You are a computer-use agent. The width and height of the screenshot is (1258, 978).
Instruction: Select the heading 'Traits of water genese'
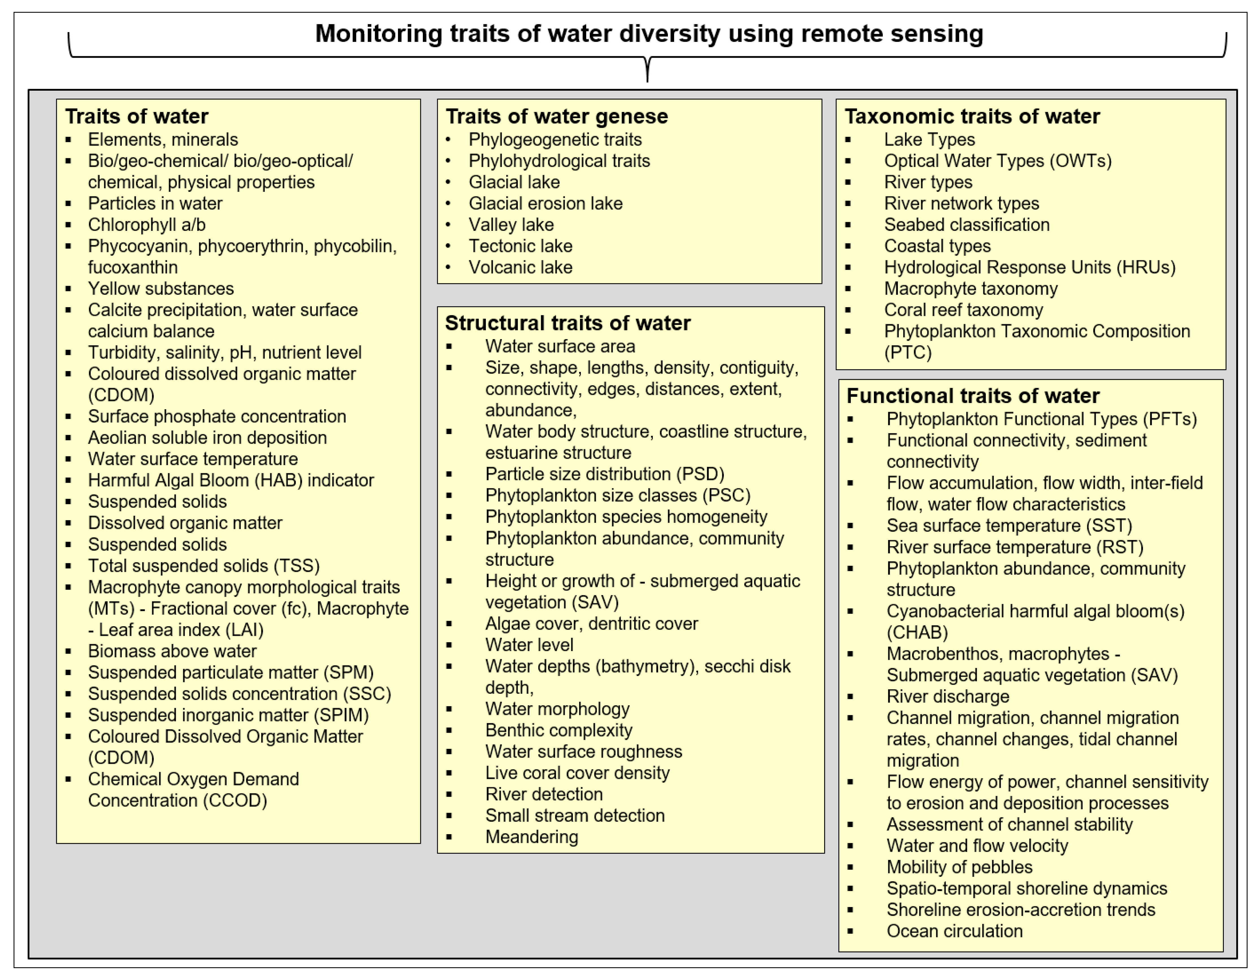tap(557, 116)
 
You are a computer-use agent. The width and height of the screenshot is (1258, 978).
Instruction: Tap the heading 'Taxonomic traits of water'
tap(972, 116)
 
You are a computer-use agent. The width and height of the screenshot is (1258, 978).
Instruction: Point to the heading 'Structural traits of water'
tap(567, 323)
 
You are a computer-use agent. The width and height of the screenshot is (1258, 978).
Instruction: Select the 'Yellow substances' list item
tap(161, 289)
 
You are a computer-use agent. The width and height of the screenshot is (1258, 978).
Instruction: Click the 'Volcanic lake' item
tap(520, 267)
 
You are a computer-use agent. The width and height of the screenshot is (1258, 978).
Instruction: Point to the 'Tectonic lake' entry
tap(520, 246)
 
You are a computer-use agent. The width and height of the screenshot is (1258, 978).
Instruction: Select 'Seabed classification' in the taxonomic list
tap(967, 225)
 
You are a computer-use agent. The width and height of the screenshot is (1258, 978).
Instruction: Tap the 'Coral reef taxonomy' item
tap(963, 310)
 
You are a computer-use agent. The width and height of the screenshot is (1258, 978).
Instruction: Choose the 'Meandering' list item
tap(531, 837)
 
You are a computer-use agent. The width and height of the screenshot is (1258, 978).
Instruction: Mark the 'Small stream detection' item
tap(574, 816)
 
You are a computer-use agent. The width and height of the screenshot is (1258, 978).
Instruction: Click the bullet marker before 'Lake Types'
tap(848, 140)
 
